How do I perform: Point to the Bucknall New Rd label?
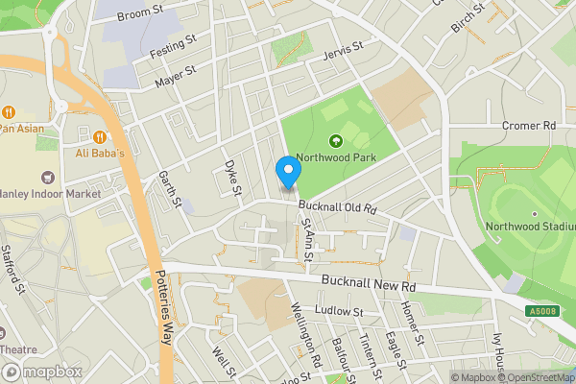click(x=369, y=285)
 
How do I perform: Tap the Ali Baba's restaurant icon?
click(x=100, y=134)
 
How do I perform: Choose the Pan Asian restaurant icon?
click(x=9, y=110)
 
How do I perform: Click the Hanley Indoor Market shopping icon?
click(x=46, y=177)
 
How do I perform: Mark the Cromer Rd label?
click(x=529, y=126)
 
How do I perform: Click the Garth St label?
click(x=171, y=188)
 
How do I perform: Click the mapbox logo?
click(x=40, y=372)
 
